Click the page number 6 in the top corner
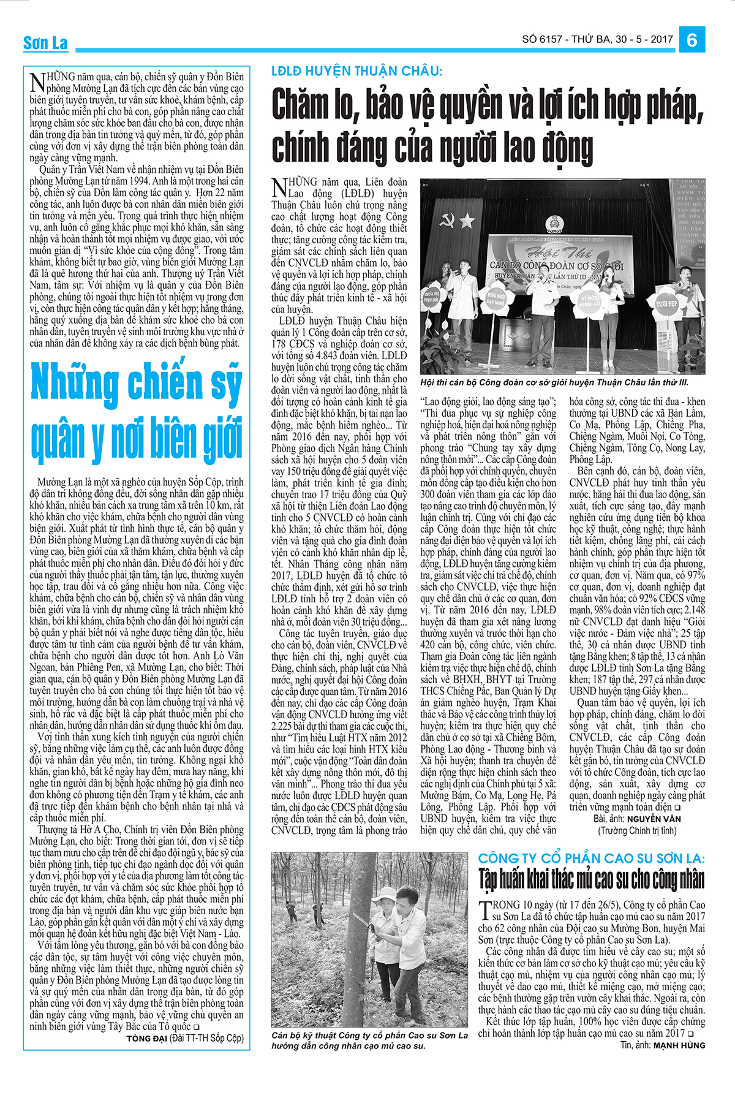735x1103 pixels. point(692,40)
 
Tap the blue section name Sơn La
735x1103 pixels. point(45,43)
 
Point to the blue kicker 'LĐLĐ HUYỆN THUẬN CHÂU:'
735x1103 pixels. point(356,71)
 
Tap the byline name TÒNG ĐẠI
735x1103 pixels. point(146,1039)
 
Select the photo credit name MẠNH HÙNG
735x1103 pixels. point(679,1045)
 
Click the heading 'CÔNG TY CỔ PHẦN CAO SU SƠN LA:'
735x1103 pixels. point(591,859)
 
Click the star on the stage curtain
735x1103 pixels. point(467,219)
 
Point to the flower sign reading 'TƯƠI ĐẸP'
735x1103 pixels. point(666,303)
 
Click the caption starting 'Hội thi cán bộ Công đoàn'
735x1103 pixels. point(554,382)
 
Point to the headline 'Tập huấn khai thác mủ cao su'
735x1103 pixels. point(591,879)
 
